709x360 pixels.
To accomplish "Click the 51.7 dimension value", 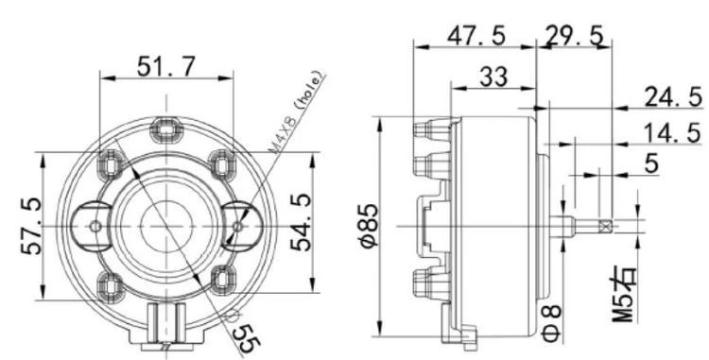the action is (166, 67).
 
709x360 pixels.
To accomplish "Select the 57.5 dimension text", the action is (32, 226).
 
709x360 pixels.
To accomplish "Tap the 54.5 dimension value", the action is (301, 222).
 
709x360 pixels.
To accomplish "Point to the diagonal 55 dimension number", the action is (247, 338).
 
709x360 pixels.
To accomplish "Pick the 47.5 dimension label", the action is (476, 36).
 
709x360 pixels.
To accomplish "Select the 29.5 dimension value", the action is (574, 36).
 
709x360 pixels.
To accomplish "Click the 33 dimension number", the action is (493, 77).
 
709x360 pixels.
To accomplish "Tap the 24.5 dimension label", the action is (673, 96).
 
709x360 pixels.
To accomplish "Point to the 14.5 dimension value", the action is (672, 134).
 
